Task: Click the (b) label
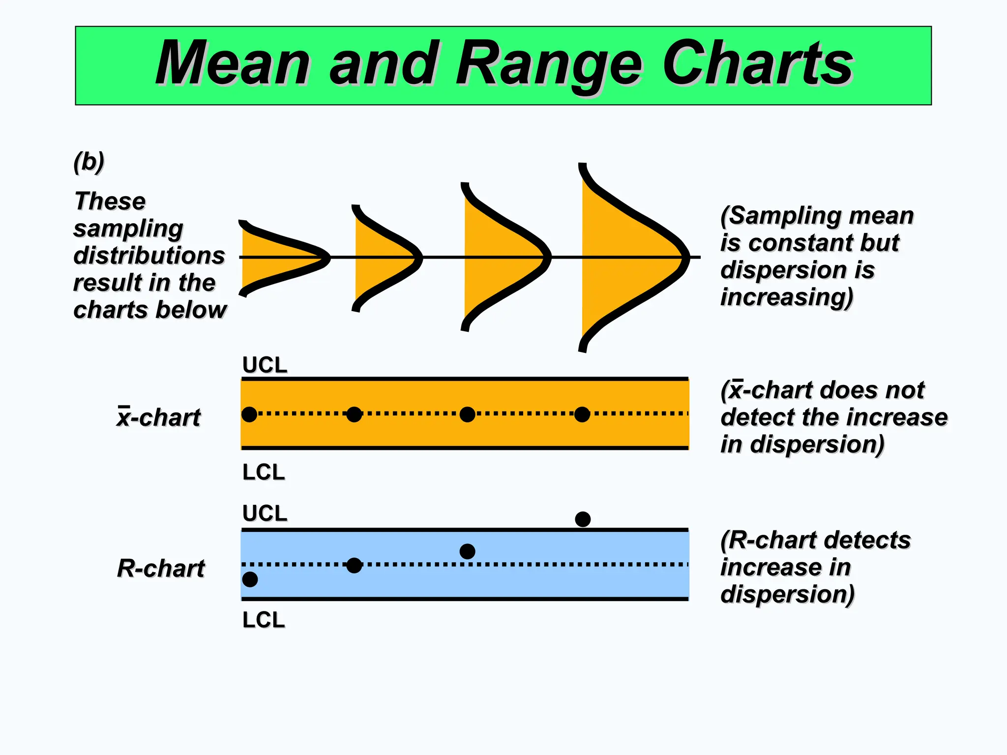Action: coord(89,162)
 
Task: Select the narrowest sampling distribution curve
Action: coord(280,258)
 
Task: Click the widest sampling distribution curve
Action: coord(629,258)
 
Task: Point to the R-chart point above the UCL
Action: coord(583,519)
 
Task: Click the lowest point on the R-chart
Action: coord(250,580)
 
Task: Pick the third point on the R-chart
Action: coord(467,552)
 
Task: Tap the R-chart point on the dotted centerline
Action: coord(354,565)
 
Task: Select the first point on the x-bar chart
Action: coord(249,414)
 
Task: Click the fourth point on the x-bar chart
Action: coord(582,414)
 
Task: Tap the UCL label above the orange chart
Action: coord(265,365)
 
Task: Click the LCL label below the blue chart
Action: coord(264,620)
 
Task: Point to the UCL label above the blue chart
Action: coord(265,513)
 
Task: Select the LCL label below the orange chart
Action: coord(264,472)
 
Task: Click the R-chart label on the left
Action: coord(161,568)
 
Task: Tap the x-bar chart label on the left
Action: coord(158,417)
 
